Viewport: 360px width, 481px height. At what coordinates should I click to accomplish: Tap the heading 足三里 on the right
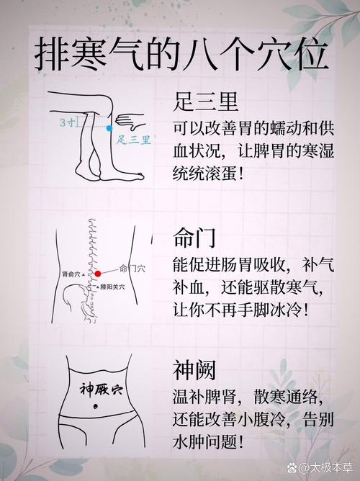pos(207,102)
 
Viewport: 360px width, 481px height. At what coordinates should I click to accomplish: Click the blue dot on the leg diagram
pos(109,128)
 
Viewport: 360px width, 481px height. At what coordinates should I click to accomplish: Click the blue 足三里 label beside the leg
pos(134,139)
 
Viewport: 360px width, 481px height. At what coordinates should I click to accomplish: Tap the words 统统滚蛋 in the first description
pos(211,174)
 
